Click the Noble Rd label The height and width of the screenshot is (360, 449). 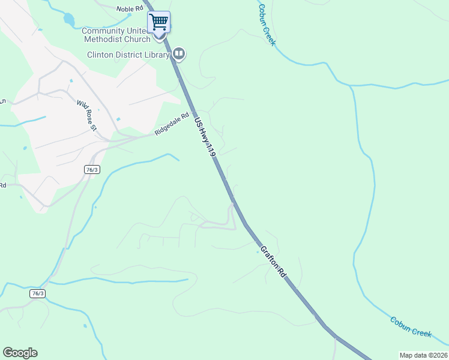tap(130, 8)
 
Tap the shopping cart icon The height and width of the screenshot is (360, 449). tap(159, 22)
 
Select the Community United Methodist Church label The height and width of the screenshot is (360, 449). tap(116, 35)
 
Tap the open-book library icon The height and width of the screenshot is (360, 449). tap(178, 55)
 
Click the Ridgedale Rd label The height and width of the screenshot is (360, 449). tap(172, 124)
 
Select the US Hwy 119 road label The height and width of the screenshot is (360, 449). tap(204, 137)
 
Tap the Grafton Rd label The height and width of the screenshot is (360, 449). tap(273, 260)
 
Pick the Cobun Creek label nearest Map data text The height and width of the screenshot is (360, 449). tap(411, 327)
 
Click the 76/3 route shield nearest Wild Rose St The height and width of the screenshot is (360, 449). tap(91, 170)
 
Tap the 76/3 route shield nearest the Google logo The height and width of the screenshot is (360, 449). tap(37, 293)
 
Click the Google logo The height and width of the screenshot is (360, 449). tap(20, 353)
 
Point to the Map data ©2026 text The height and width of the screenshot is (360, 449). tap(423, 355)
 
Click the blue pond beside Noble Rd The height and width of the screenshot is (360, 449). tap(68, 20)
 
